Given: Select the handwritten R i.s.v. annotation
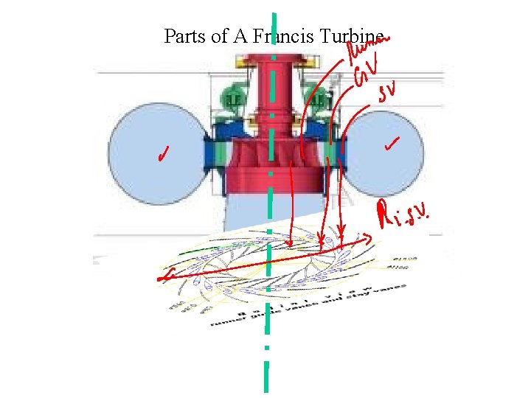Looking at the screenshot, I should point(403,216).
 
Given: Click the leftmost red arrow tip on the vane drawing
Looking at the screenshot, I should point(291,244).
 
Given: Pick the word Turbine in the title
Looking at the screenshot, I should point(350,36).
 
